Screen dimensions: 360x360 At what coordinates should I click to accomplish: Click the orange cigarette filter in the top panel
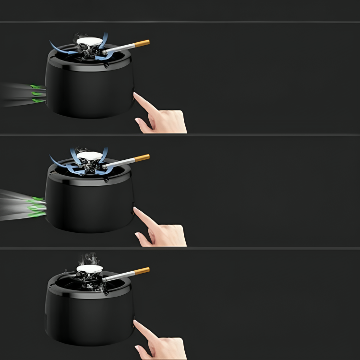click(142, 43)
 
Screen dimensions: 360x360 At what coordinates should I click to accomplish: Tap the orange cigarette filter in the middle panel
click(142, 157)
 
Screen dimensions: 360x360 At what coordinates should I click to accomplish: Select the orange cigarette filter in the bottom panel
click(142, 271)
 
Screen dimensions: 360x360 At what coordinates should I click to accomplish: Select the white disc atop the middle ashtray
click(90, 156)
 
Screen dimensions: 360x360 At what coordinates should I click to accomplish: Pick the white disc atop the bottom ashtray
click(90, 268)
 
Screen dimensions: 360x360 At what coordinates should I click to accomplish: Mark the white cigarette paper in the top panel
click(120, 48)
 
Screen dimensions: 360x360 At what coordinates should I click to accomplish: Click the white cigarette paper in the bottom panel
click(120, 276)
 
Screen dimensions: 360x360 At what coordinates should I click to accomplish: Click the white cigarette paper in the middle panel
click(120, 162)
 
